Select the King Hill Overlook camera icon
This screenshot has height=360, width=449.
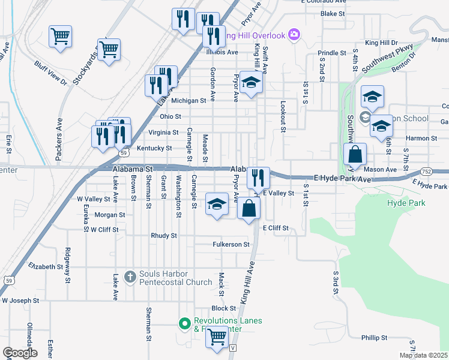(294, 34)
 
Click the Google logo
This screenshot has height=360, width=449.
(20, 353)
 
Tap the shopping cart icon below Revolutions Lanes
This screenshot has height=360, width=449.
(217, 337)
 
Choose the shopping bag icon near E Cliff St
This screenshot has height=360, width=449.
(249, 209)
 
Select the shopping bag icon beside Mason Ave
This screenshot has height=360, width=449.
(355, 154)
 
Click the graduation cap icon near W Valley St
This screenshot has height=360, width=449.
(217, 204)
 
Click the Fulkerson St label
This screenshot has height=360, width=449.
(231, 244)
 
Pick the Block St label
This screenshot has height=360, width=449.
(223, 308)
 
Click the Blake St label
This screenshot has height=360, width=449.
(333, 13)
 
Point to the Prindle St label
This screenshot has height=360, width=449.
(332, 53)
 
